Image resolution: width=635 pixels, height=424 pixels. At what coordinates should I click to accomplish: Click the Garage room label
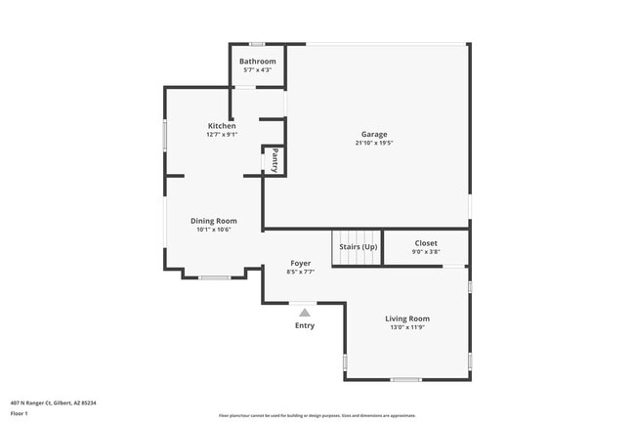click(374, 134)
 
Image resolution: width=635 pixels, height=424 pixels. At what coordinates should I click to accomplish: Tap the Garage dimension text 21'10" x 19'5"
click(374, 143)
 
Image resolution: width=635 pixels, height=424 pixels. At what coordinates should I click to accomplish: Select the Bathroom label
click(258, 62)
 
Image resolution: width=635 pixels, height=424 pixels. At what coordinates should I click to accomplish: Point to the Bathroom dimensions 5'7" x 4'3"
click(258, 70)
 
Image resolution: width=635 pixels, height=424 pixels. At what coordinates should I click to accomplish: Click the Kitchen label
click(222, 126)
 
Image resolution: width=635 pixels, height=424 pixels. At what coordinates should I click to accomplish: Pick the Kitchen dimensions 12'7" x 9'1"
click(222, 135)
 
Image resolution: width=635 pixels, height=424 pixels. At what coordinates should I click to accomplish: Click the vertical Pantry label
click(275, 160)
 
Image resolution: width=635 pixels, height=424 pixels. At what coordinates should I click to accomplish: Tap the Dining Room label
click(213, 221)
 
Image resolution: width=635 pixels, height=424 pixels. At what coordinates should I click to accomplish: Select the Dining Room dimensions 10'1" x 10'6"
click(213, 230)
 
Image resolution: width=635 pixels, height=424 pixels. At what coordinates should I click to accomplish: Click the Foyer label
click(301, 264)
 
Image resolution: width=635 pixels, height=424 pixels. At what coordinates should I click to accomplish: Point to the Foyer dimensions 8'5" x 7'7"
click(301, 273)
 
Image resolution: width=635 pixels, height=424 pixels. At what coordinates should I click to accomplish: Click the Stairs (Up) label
click(359, 247)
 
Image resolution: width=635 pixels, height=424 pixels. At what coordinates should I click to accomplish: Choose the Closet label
click(426, 242)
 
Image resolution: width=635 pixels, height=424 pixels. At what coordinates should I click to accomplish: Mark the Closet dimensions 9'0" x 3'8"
click(426, 251)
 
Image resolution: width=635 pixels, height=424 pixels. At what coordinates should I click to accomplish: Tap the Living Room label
click(407, 318)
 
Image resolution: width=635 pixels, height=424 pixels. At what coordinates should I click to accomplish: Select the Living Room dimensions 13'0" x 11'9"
click(407, 327)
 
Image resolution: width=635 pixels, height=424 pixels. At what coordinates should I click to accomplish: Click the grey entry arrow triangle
click(305, 312)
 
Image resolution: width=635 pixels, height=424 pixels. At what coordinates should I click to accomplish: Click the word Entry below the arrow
click(305, 325)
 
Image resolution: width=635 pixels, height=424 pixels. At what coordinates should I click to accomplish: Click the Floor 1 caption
click(20, 413)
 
